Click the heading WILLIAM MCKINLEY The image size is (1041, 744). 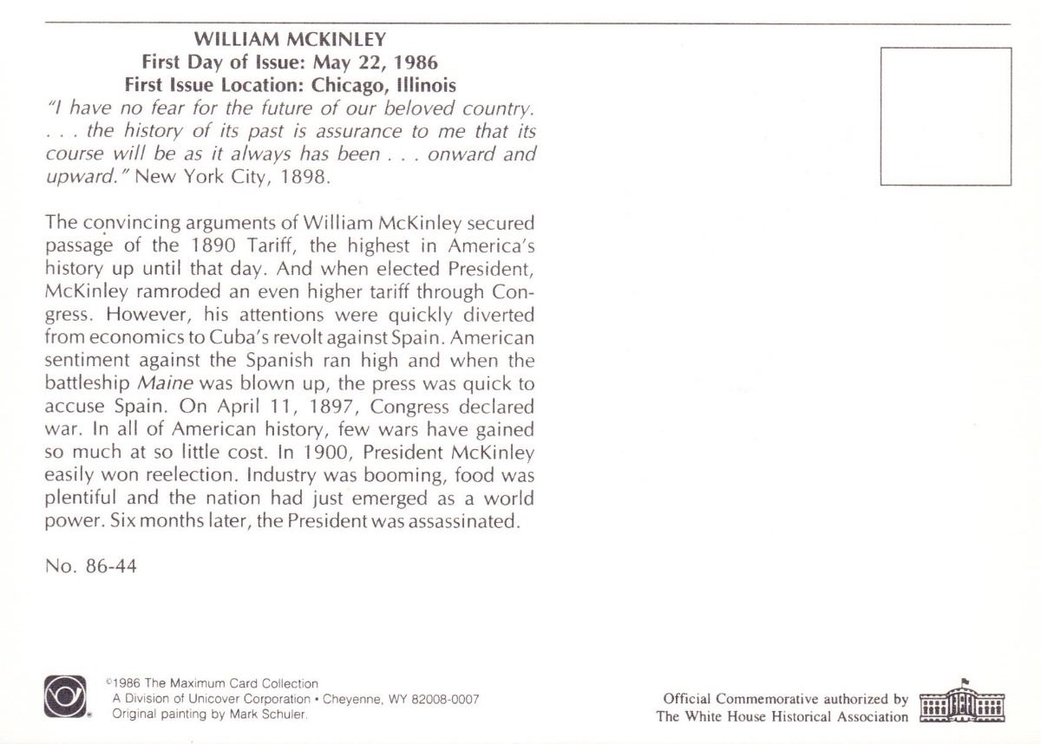click(x=290, y=39)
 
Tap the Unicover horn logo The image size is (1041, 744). click(x=65, y=696)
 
